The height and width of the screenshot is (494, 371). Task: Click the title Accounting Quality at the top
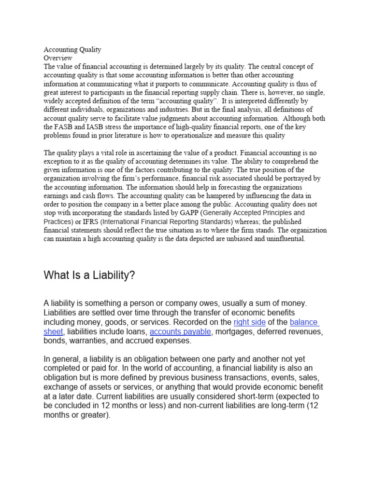tap(72, 50)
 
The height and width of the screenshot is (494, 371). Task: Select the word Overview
tap(58, 58)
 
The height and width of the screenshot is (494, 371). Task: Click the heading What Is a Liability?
tap(89, 275)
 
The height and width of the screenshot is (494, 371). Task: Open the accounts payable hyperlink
tap(181, 331)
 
